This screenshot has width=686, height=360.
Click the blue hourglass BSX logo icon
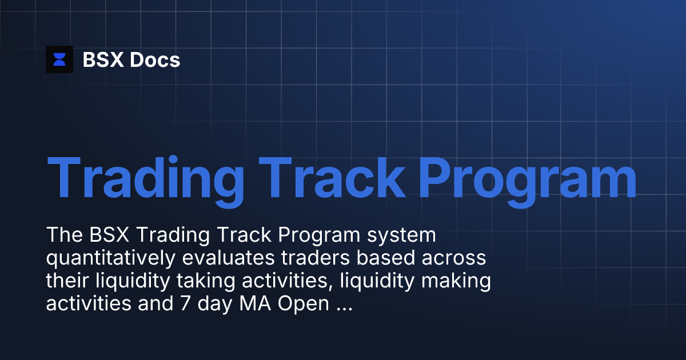[x=59, y=59]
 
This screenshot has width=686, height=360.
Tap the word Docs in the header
[x=155, y=59]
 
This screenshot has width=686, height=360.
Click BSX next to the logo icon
[x=103, y=59]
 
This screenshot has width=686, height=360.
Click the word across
[x=455, y=259]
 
